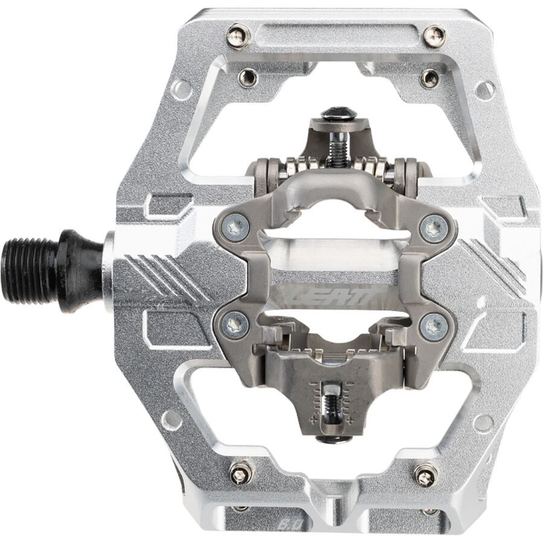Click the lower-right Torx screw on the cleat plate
tap(433, 326)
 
